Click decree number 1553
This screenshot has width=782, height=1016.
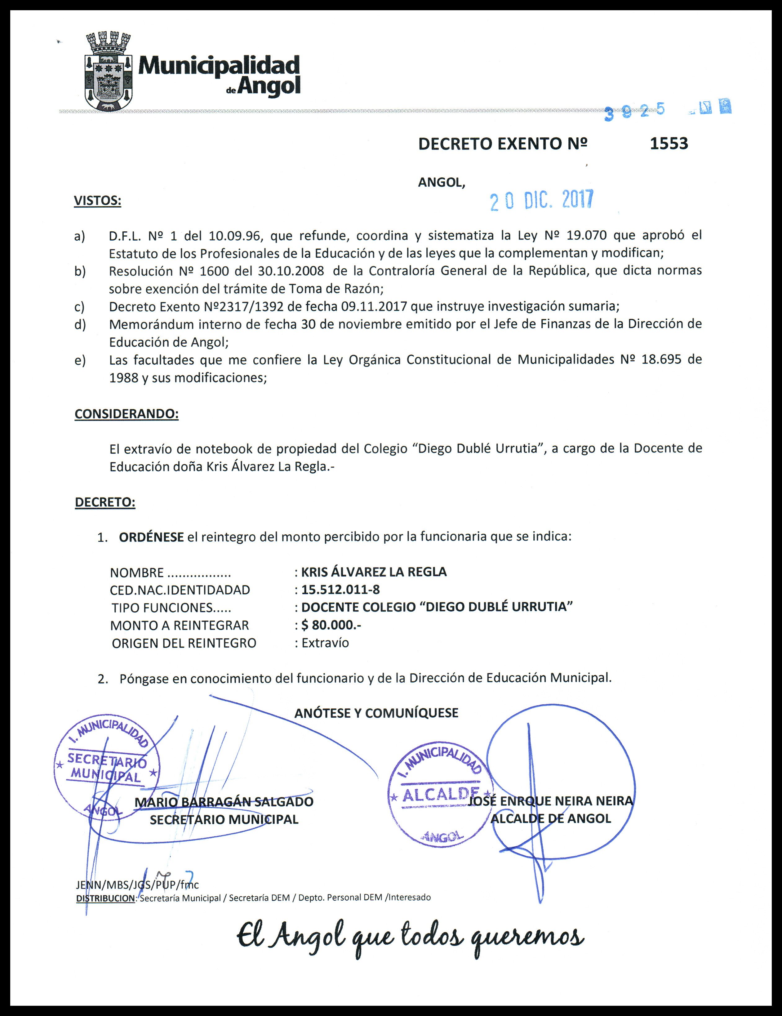tap(669, 144)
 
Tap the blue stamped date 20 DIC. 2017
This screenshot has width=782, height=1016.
tap(541, 200)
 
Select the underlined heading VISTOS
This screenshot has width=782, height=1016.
tap(97, 201)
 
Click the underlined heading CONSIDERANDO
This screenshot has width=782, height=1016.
tap(127, 414)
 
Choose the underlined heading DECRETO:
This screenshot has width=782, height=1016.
tap(105, 502)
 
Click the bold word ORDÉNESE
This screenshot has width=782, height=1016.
tap(151, 537)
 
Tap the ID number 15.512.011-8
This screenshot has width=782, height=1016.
tap(340, 590)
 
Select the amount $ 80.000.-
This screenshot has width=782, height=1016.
tap(331, 625)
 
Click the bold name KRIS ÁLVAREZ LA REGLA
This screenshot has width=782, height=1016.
tap(374, 572)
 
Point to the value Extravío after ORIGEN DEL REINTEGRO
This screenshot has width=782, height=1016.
tap(325, 643)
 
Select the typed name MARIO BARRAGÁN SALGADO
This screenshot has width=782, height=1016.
tap(224, 802)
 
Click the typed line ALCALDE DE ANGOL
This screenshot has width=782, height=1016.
tap(551, 819)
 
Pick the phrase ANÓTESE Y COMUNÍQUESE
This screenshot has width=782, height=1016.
tap(376, 713)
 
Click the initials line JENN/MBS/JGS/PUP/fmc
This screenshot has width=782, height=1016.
tap(137, 885)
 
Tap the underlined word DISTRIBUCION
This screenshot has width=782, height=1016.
tap(105, 898)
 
